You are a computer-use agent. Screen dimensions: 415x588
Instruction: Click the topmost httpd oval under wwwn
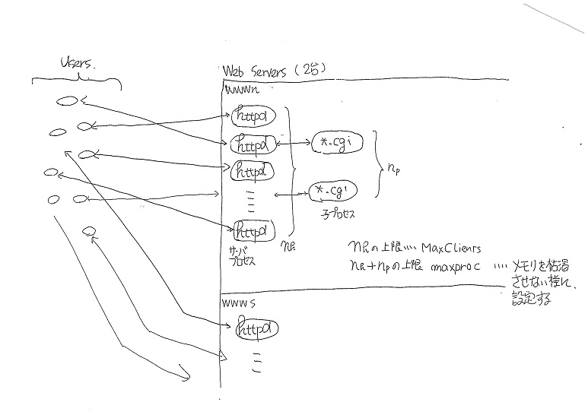[252, 116]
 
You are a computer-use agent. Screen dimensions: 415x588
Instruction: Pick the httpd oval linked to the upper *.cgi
[253, 142]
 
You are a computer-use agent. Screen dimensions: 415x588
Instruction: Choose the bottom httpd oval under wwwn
[252, 228]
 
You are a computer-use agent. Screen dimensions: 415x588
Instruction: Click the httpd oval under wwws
[256, 330]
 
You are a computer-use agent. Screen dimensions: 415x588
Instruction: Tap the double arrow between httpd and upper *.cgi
[294, 142]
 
